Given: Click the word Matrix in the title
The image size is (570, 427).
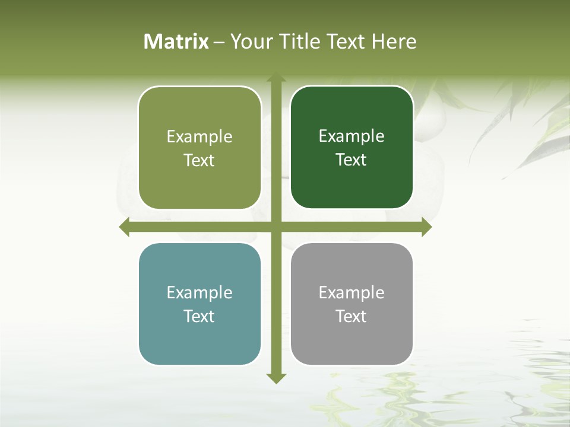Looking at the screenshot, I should tap(176, 42).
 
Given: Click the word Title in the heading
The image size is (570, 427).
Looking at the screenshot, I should tap(300, 42).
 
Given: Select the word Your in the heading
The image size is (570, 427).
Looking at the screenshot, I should tap(252, 42).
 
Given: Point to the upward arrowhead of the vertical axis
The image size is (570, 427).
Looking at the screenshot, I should tap(276, 77).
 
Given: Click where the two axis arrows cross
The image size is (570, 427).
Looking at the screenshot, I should tap(276, 227).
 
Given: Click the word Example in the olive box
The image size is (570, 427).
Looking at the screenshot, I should tap(199, 137).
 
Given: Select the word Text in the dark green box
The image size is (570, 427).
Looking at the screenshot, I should tap(351, 160).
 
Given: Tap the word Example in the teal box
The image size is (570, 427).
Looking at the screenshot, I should tap(199, 293).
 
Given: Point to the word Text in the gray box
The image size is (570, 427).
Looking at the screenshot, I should tap(351, 316).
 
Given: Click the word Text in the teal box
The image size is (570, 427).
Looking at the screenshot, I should tap(199, 316).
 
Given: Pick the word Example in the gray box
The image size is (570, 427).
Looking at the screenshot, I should tap(351, 293).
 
